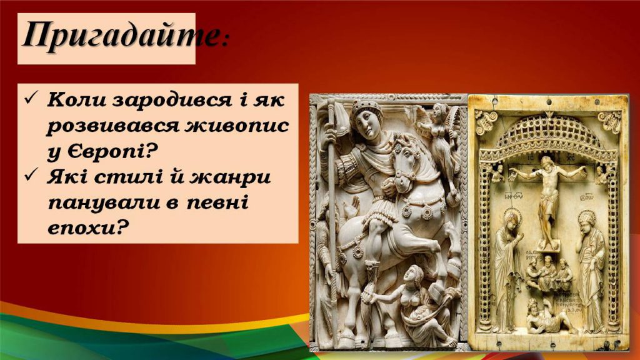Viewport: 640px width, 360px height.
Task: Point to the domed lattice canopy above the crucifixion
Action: pos(547,134)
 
